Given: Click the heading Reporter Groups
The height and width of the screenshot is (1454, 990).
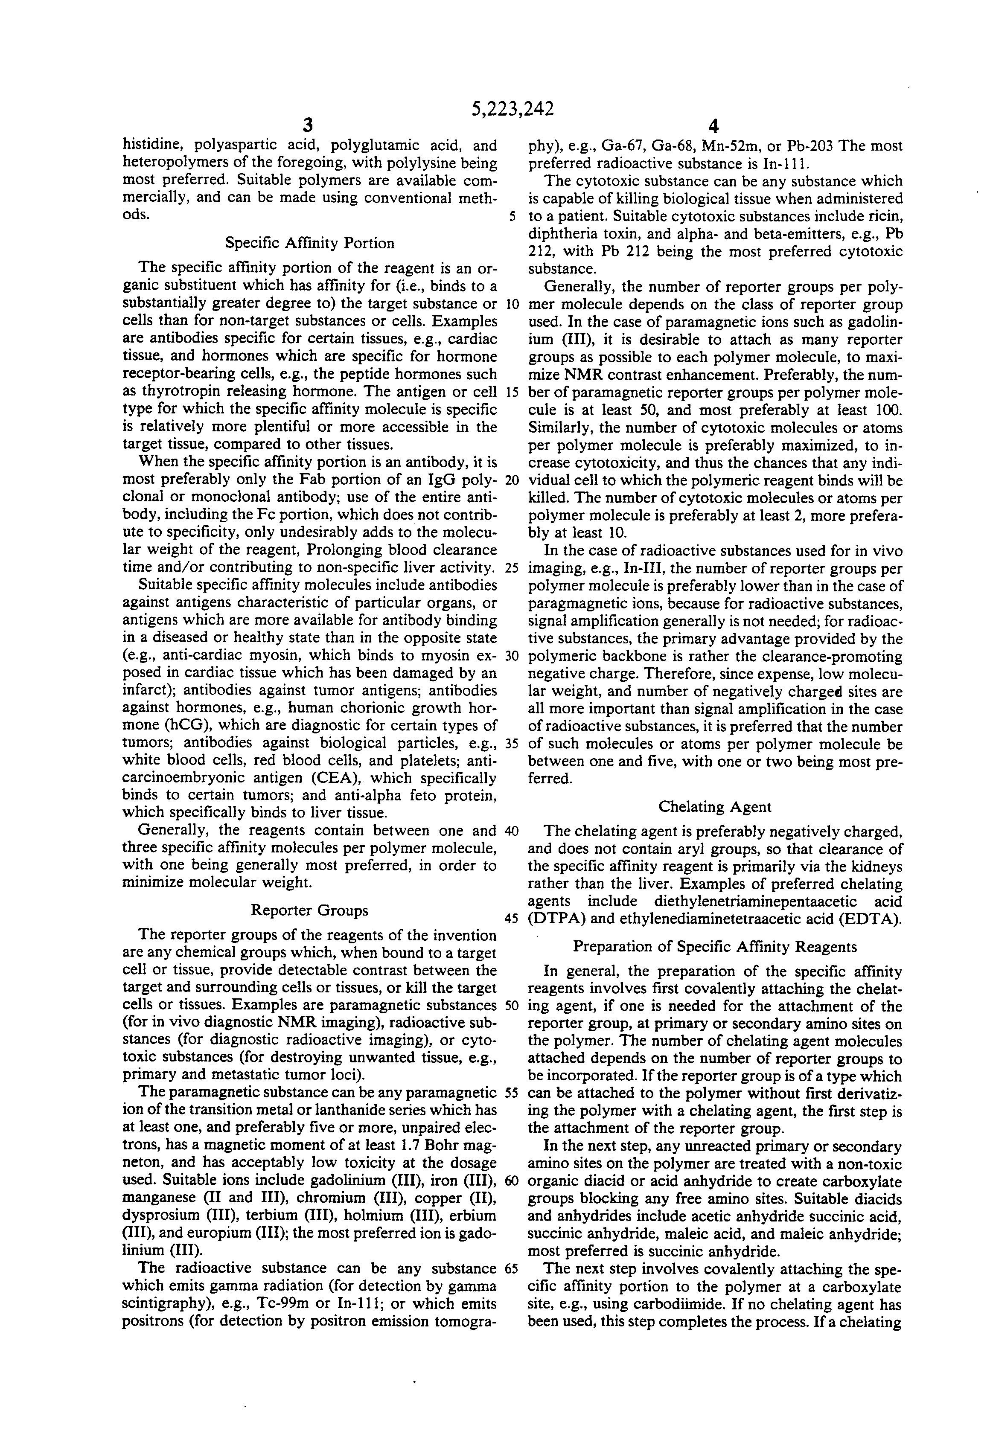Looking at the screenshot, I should tap(309, 910).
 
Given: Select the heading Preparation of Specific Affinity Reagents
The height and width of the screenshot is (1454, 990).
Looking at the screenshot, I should tap(715, 947).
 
